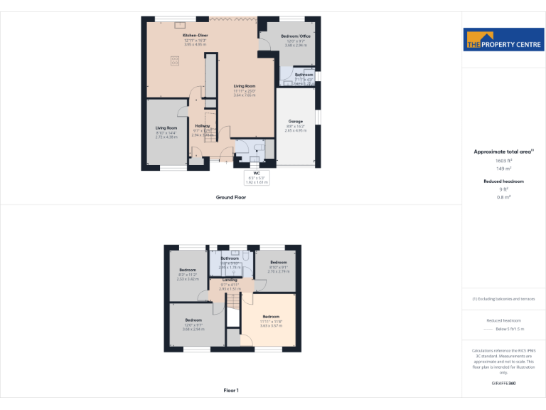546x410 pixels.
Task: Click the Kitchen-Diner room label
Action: (195, 36)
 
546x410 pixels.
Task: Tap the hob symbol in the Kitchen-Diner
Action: (174, 61)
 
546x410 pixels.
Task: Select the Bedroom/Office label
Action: (296, 36)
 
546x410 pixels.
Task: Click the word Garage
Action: (295, 121)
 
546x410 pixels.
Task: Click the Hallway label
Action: (203, 126)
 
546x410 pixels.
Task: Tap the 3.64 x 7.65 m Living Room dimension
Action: (245, 95)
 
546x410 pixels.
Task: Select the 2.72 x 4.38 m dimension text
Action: (166, 137)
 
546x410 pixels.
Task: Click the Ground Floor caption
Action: (231, 197)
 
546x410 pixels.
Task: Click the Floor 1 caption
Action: (231, 391)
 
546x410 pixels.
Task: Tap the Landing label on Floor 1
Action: (230, 280)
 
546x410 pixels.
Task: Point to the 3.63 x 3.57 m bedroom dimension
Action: (272, 325)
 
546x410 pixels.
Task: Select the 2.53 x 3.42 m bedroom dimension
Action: (188, 279)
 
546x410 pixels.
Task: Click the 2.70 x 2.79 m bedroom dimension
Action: (277, 271)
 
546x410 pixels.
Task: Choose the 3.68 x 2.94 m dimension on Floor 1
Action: (194, 330)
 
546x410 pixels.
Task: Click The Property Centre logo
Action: (503, 40)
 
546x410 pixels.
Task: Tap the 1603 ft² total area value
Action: (503, 161)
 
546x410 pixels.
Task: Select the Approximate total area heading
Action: (503, 152)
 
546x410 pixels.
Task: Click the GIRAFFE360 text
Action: (503, 384)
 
